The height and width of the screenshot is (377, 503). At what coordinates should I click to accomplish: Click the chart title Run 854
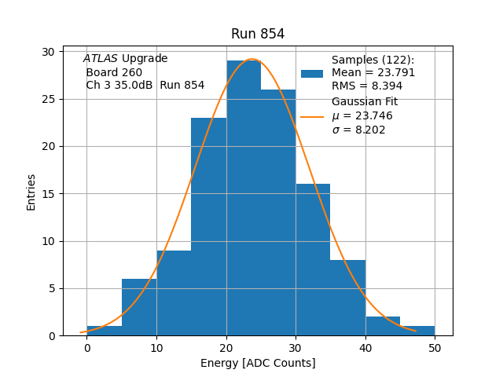click(x=257, y=34)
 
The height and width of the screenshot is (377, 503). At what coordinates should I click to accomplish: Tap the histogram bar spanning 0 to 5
click(x=104, y=331)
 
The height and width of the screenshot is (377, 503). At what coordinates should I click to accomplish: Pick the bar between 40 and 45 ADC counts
click(x=382, y=326)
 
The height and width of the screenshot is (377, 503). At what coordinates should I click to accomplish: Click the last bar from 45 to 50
click(x=417, y=331)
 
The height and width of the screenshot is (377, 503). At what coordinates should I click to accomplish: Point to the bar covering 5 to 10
click(x=139, y=307)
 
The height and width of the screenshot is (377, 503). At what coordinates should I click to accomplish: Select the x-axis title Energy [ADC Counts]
click(x=257, y=363)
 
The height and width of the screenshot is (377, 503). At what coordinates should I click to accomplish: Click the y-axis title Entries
click(x=31, y=193)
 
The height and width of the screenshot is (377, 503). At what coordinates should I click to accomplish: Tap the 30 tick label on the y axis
click(x=48, y=52)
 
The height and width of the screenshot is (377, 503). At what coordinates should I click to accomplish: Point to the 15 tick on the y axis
click(x=48, y=194)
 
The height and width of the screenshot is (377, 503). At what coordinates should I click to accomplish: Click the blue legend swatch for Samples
click(x=312, y=73)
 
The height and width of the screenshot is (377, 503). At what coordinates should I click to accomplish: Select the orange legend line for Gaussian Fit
click(x=312, y=116)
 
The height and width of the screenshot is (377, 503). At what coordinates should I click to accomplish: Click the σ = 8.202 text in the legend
click(x=358, y=130)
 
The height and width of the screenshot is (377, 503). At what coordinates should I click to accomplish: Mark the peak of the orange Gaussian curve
click(x=251, y=59)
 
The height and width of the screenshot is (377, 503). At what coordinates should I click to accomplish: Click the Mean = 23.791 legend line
click(x=373, y=73)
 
